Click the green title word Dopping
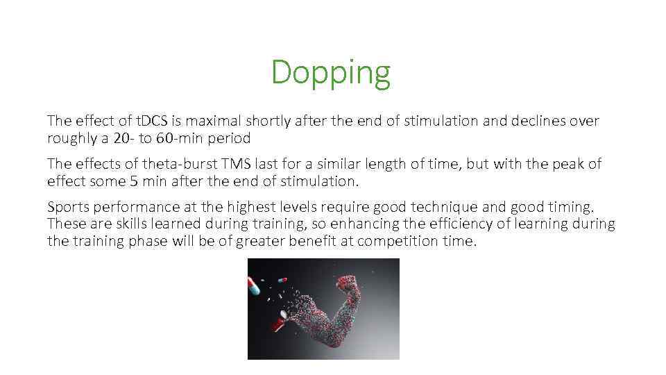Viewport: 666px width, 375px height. coord(331,72)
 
